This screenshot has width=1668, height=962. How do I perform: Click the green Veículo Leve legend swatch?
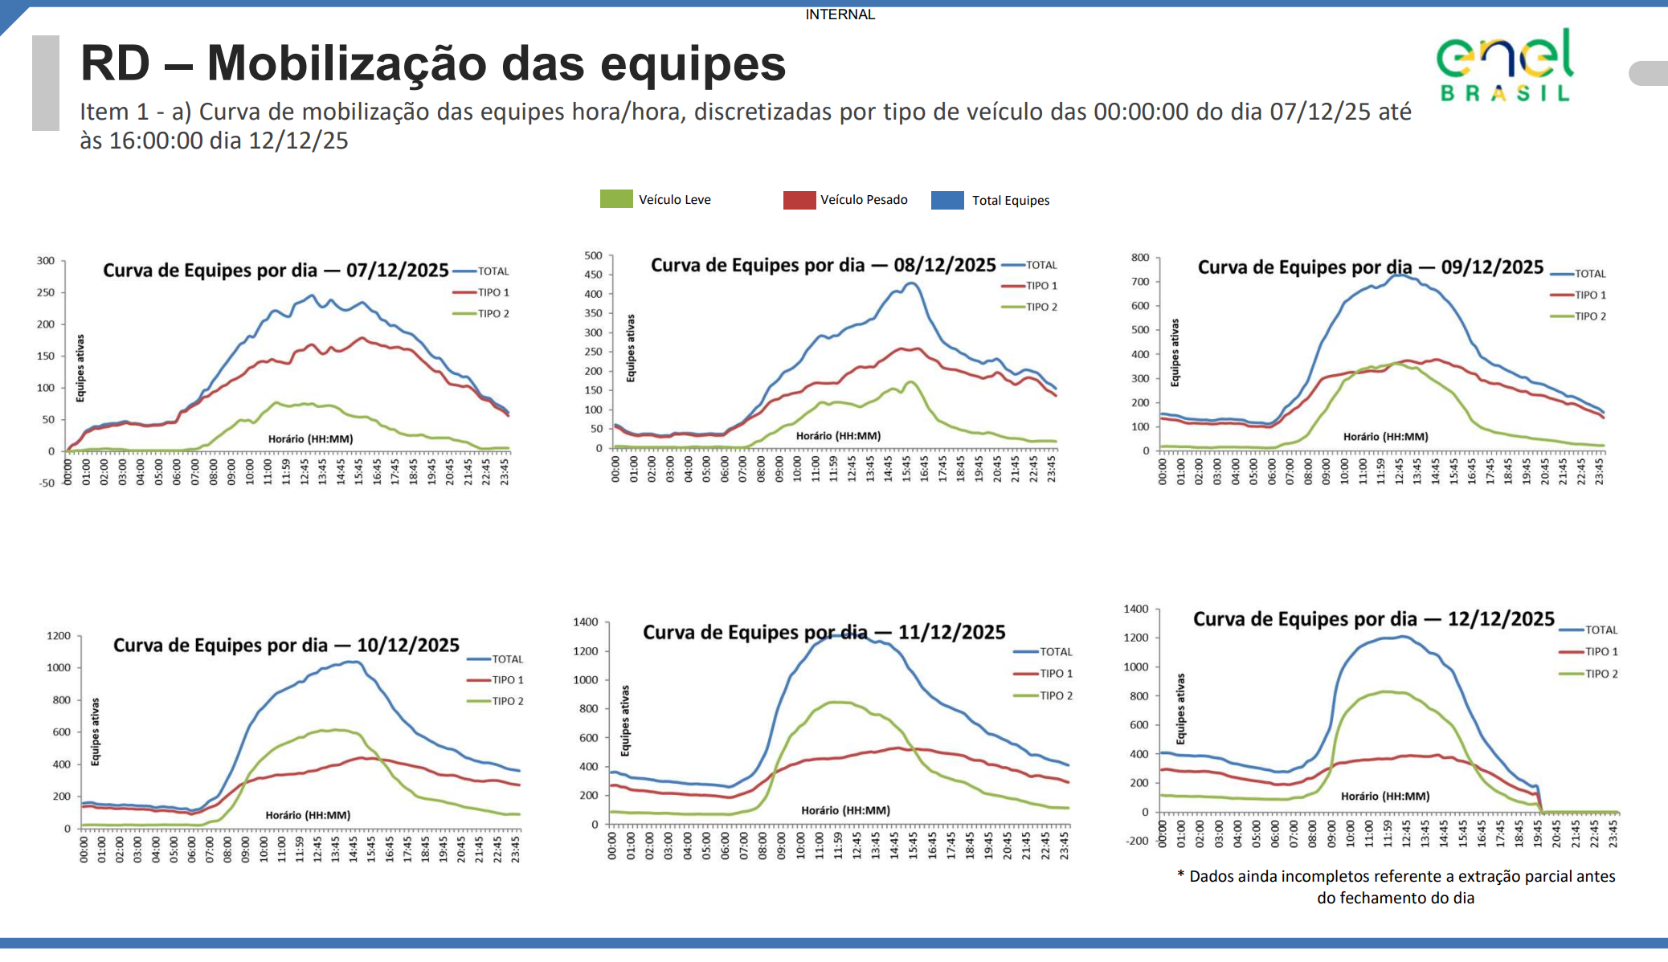(616, 199)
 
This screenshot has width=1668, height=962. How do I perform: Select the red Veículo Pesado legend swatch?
(799, 200)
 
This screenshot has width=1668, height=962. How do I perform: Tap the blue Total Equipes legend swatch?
(947, 200)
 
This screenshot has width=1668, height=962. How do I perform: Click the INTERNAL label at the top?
(840, 14)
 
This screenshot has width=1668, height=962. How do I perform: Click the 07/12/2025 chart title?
(276, 271)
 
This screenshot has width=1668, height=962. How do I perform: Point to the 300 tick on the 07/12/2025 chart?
(46, 261)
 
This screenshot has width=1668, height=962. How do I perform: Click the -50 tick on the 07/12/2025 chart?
(47, 483)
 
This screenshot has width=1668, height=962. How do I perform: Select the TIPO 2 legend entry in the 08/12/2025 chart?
(1041, 307)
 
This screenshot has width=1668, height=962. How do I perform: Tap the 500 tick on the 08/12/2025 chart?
(593, 255)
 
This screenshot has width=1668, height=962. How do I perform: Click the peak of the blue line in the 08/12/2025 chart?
(910, 283)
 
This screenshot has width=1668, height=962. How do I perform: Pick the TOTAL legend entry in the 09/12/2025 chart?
(1589, 274)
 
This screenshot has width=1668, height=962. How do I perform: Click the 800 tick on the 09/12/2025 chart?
(1140, 258)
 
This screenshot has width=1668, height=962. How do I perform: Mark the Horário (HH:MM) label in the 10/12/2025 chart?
(308, 815)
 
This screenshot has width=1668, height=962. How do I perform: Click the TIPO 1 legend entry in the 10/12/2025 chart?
(507, 680)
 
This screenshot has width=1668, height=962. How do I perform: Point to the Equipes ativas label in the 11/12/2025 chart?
(625, 721)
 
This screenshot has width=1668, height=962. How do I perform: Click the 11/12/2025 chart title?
(824, 633)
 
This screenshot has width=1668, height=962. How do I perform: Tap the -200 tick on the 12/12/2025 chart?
(1137, 841)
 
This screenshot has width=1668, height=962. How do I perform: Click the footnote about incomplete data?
(1396, 887)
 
